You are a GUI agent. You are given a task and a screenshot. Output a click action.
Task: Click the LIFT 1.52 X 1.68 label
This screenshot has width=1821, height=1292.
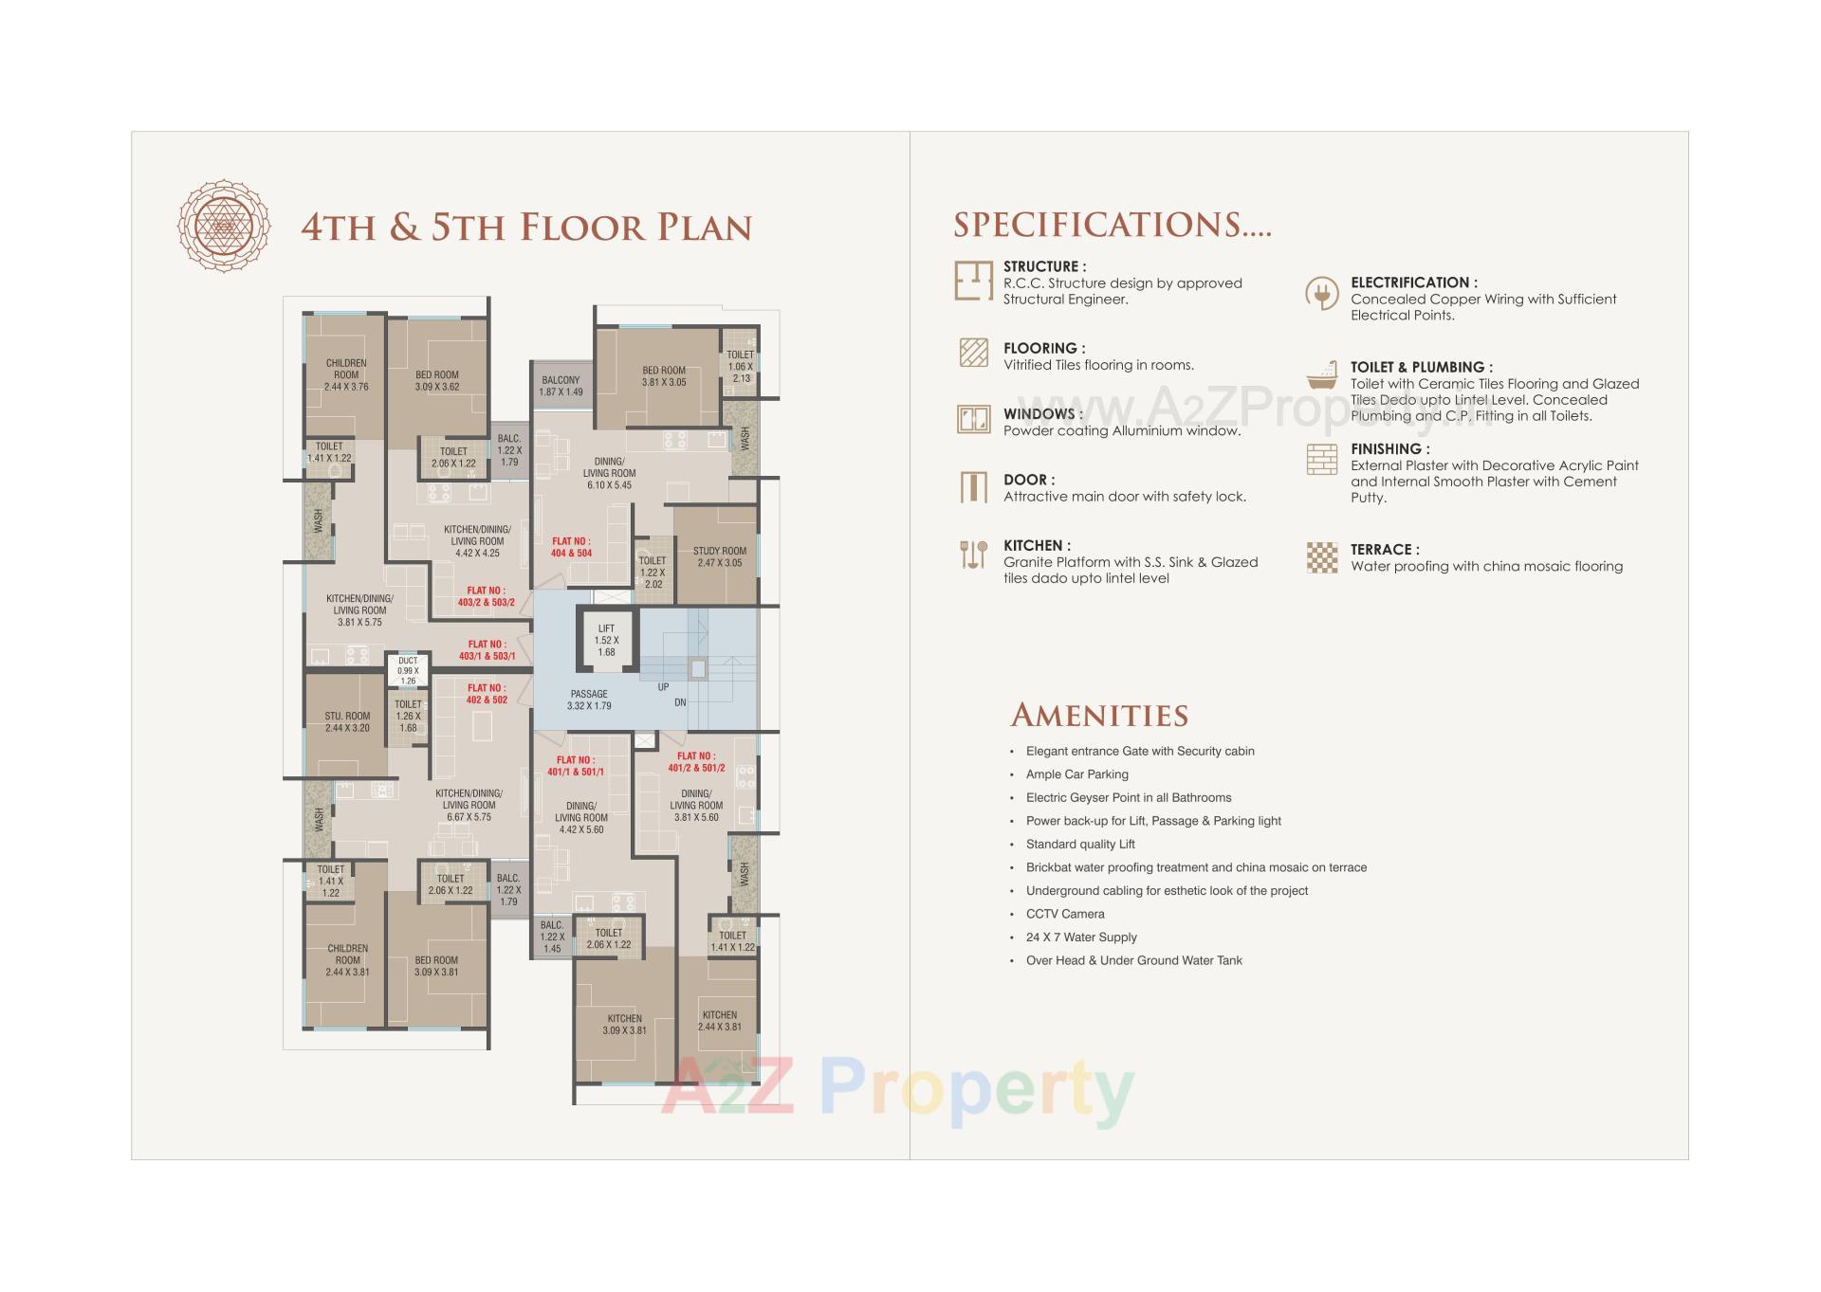click(x=606, y=640)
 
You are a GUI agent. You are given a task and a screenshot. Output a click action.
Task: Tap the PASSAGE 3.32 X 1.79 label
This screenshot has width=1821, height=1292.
click(x=589, y=700)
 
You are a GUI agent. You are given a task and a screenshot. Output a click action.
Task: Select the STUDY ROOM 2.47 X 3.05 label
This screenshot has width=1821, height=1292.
click(x=719, y=556)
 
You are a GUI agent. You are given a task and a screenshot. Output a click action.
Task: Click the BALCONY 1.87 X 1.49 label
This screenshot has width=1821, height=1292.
click(x=561, y=386)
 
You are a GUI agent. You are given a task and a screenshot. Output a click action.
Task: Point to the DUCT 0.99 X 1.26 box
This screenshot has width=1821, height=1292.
click(x=408, y=670)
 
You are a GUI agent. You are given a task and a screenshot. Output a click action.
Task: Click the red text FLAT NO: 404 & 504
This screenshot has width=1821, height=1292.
click(x=571, y=547)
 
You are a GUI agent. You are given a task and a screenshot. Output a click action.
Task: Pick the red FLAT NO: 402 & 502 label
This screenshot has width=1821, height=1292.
click(x=487, y=694)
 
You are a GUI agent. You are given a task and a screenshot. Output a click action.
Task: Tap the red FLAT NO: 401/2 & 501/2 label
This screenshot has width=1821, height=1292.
click(x=696, y=762)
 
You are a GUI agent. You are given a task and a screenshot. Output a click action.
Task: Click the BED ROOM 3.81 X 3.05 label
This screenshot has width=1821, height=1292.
click(x=664, y=376)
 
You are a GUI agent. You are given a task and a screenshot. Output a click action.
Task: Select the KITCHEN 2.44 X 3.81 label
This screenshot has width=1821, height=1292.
click(x=720, y=1021)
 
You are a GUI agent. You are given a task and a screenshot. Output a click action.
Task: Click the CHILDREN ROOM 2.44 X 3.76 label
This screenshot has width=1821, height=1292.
click(x=346, y=374)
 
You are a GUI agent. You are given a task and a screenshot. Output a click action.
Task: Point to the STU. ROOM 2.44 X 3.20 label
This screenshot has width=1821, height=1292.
click(x=347, y=722)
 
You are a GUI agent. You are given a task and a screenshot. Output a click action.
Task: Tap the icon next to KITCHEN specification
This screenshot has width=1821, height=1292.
click(x=973, y=555)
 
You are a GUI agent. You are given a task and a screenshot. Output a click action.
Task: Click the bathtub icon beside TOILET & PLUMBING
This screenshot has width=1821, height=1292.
click(x=1321, y=376)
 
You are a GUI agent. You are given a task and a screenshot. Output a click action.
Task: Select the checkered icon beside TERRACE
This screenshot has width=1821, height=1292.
click(x=1321, y=557)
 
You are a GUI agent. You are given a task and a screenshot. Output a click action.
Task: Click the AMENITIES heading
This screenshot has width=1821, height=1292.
click(x=1099, y=715)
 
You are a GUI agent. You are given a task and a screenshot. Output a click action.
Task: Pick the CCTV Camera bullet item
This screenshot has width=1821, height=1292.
click(x=1064, y=914)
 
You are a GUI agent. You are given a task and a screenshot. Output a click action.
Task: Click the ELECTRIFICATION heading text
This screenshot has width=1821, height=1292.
click(x=1413, y=282)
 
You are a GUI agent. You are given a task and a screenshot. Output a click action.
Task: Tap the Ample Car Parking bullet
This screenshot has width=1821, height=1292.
click(x=1076, y=774)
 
